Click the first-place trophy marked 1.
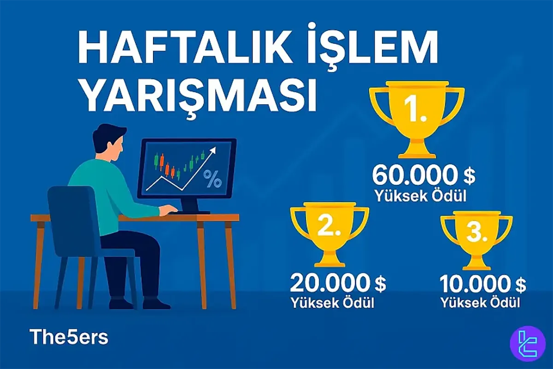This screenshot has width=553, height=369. (x=417, y=115)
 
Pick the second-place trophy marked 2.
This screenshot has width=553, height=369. (x=329, y=233)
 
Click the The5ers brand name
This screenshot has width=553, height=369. (x=69, y=337)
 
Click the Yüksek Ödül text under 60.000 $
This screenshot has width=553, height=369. (x=420, y=196)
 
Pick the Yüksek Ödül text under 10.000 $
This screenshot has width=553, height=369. (x=480, y=304)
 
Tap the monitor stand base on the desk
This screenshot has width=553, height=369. (x=194, y=212)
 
